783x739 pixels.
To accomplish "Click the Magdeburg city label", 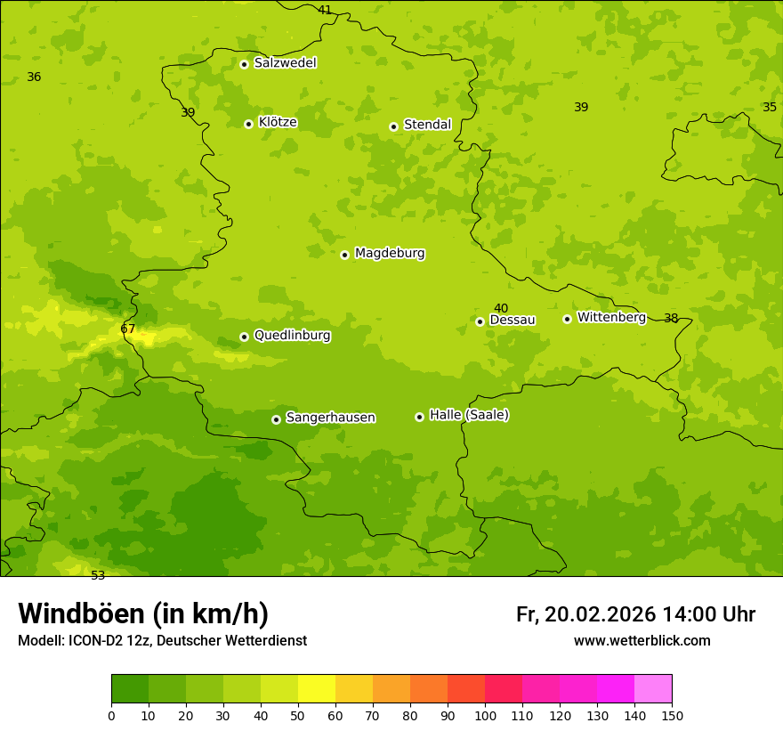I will coord(390,254).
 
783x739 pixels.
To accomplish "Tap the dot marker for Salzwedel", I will coord(244,64).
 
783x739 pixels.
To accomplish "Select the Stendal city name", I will coord(427,125).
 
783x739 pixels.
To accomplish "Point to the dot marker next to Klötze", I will coord(248,124).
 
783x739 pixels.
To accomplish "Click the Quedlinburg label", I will coord(292,336).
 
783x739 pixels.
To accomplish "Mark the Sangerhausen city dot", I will coord(276,419).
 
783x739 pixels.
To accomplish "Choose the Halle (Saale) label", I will coord(469,415).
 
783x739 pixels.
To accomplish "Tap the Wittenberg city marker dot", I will coord(567,319).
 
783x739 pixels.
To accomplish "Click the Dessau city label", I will coord(513,320).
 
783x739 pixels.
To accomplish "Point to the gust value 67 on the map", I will coord(128,329).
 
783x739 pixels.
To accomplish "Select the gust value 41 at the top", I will coord(325,10).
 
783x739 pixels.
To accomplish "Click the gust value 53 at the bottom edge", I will coord(98,575).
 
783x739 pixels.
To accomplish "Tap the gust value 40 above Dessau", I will coord(501,308).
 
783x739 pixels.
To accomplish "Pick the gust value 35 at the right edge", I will coord(770,107).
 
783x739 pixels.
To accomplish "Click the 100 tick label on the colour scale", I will coord(485,715).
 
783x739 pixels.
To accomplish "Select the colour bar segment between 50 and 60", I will coord(317,689).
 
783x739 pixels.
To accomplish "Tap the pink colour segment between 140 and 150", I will coord(653,689).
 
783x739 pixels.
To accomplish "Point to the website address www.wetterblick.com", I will coord(642,640).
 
